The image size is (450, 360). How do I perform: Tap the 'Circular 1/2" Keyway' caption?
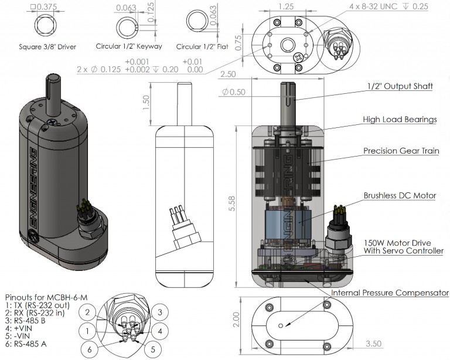(129, 46)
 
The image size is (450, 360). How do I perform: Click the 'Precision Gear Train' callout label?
(401, 151)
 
